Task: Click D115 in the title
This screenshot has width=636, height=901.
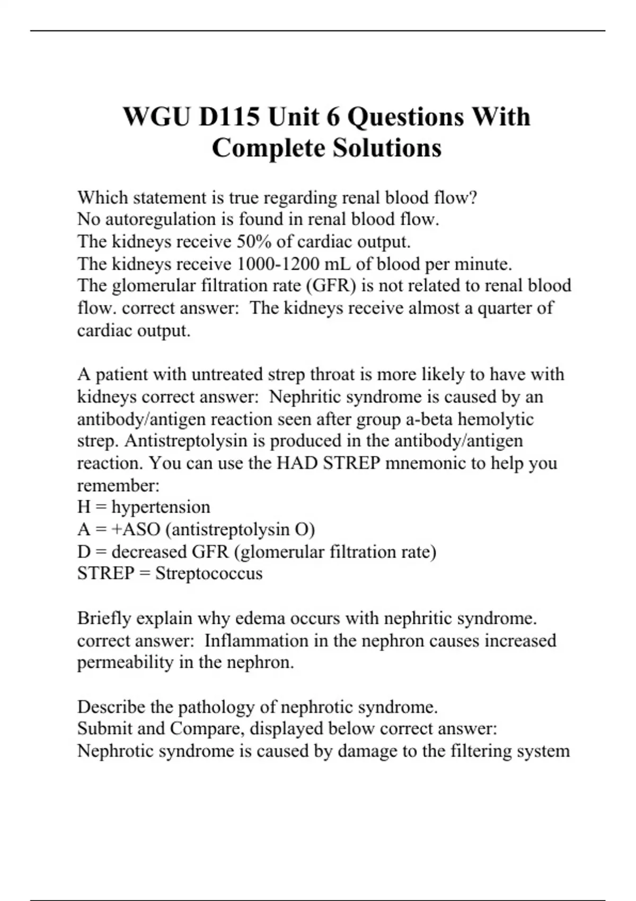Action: (x=229, y=117)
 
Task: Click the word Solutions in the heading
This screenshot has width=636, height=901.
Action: (x=387, y=148)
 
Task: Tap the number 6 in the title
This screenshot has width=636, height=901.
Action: (x=333, y=117)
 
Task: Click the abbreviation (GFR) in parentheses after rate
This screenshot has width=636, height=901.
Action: (x=331, y=286)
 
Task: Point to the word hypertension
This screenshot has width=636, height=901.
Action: (x=161, y=507)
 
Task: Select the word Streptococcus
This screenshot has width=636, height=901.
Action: (x=209, y=573)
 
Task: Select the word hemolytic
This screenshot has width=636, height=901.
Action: (x=496, y=419)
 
